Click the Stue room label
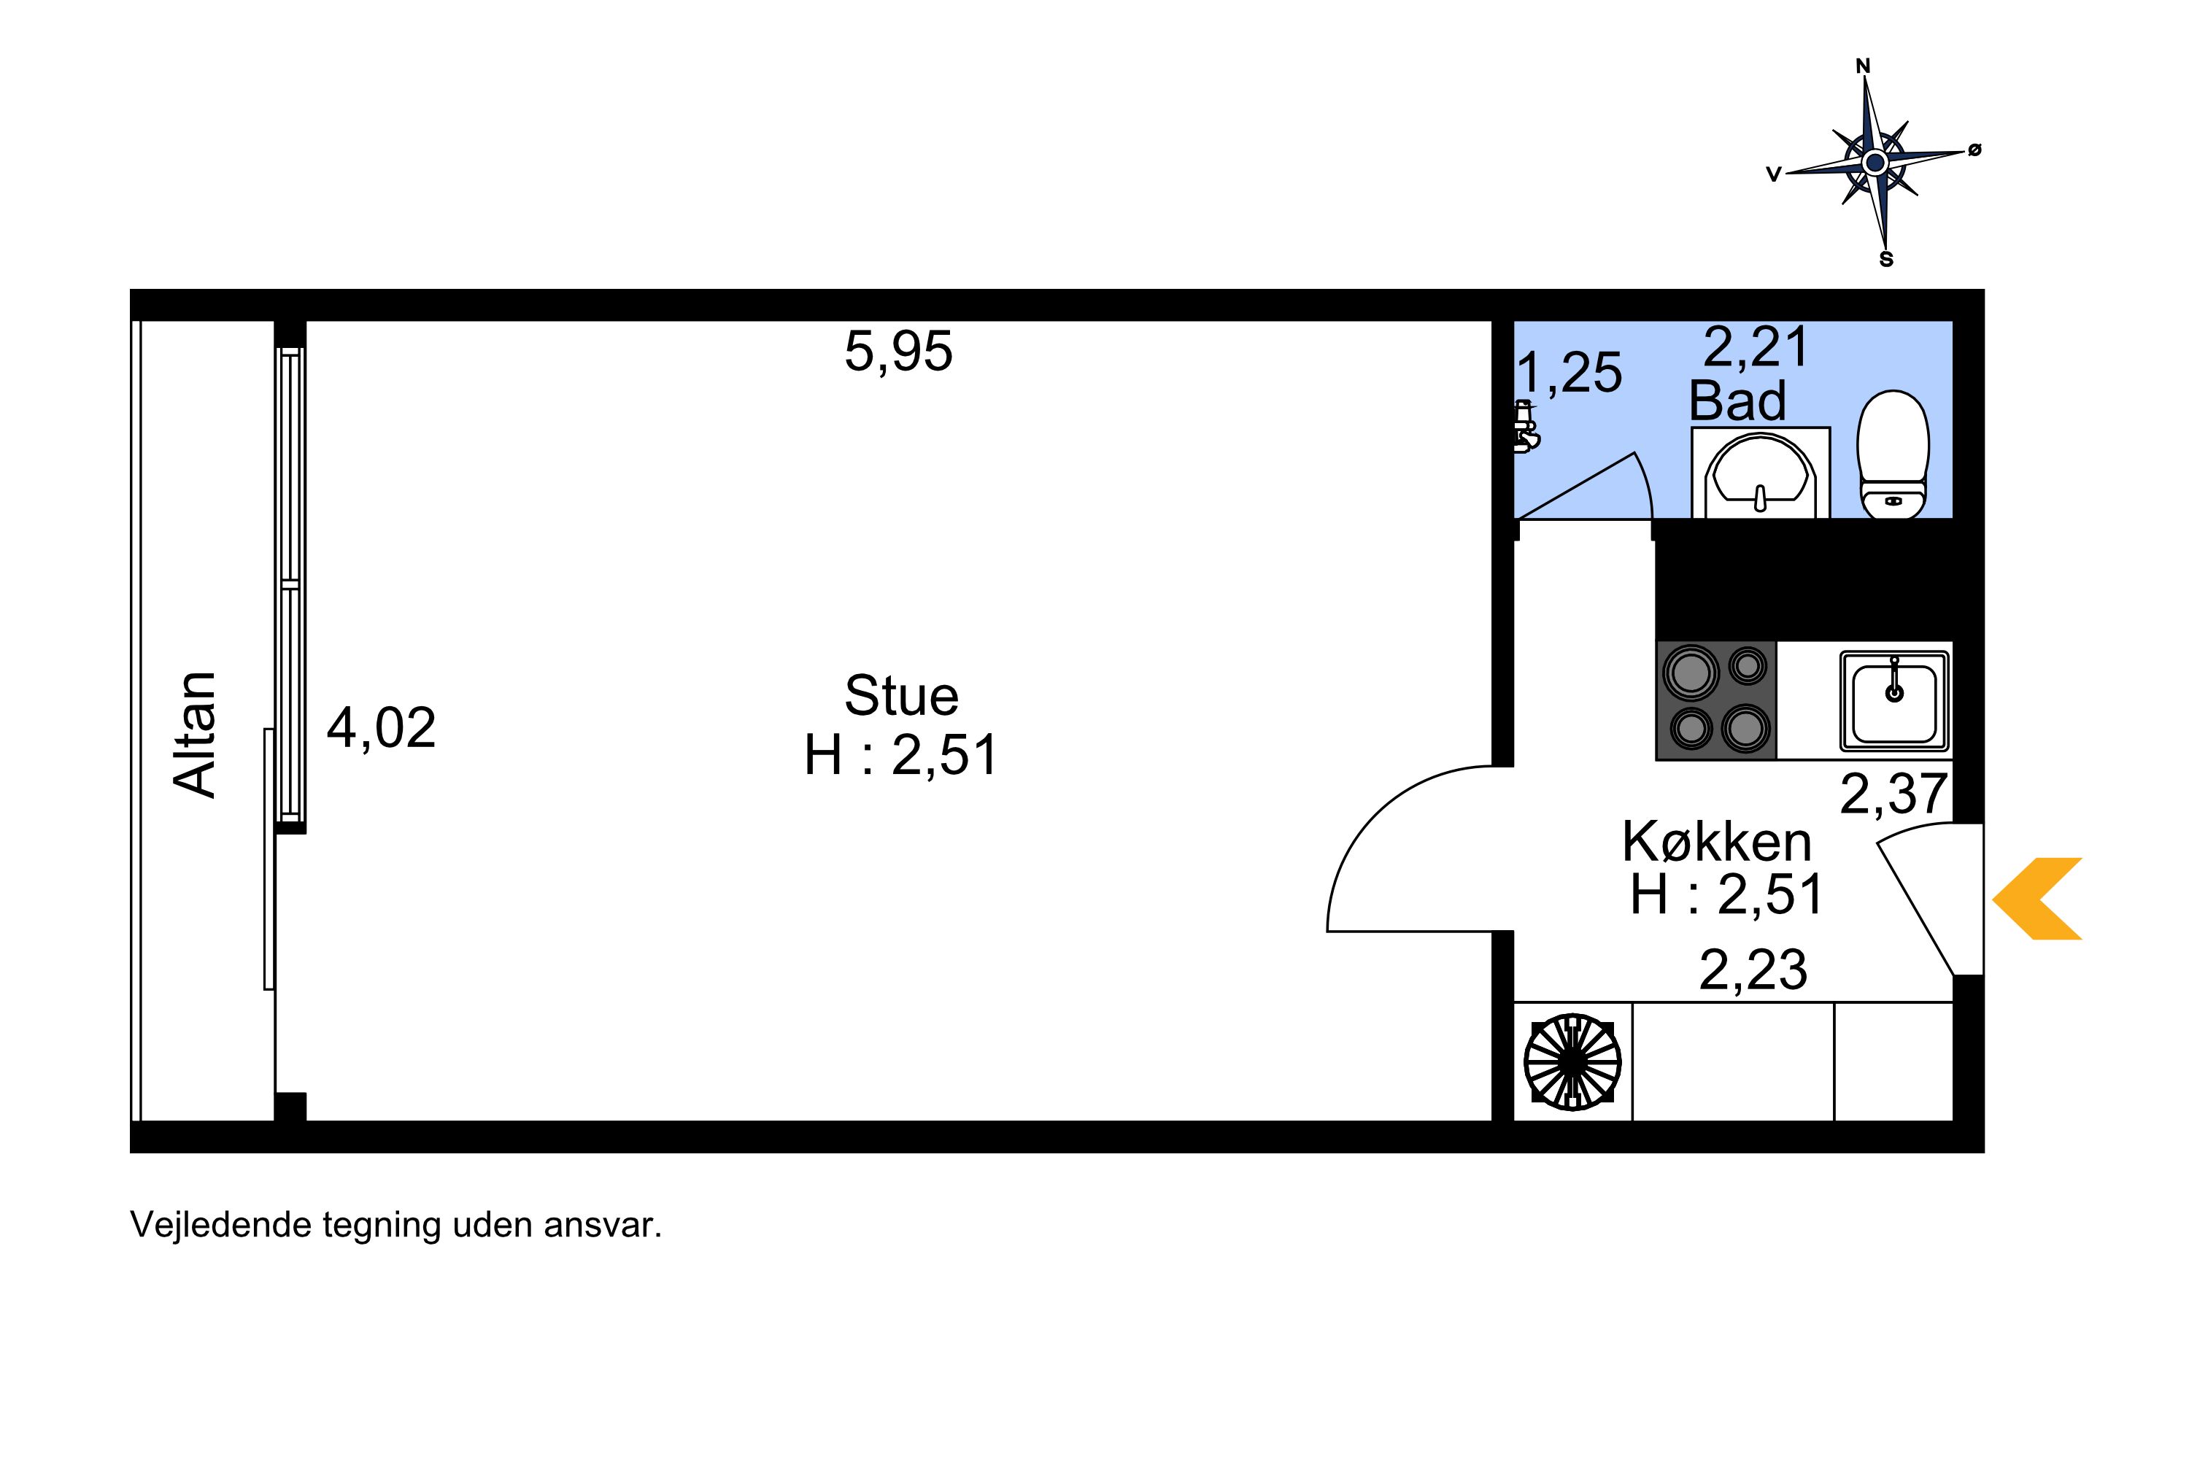[901, 695]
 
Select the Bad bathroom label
[1737, 401]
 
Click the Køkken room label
[1717, 842]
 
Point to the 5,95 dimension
[898, 352]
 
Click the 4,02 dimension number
[381, 727]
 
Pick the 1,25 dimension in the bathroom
[1570, 373]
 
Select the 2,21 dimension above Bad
[1756, 347]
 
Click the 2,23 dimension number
[1753, 970]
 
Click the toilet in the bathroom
[1893, 454]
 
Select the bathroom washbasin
[1761, 473]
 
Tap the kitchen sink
[1894, 700]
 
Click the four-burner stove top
[1716, 700]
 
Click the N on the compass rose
[1862, 66]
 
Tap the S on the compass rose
[1886, 260]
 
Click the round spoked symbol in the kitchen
[1573, 1061]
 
